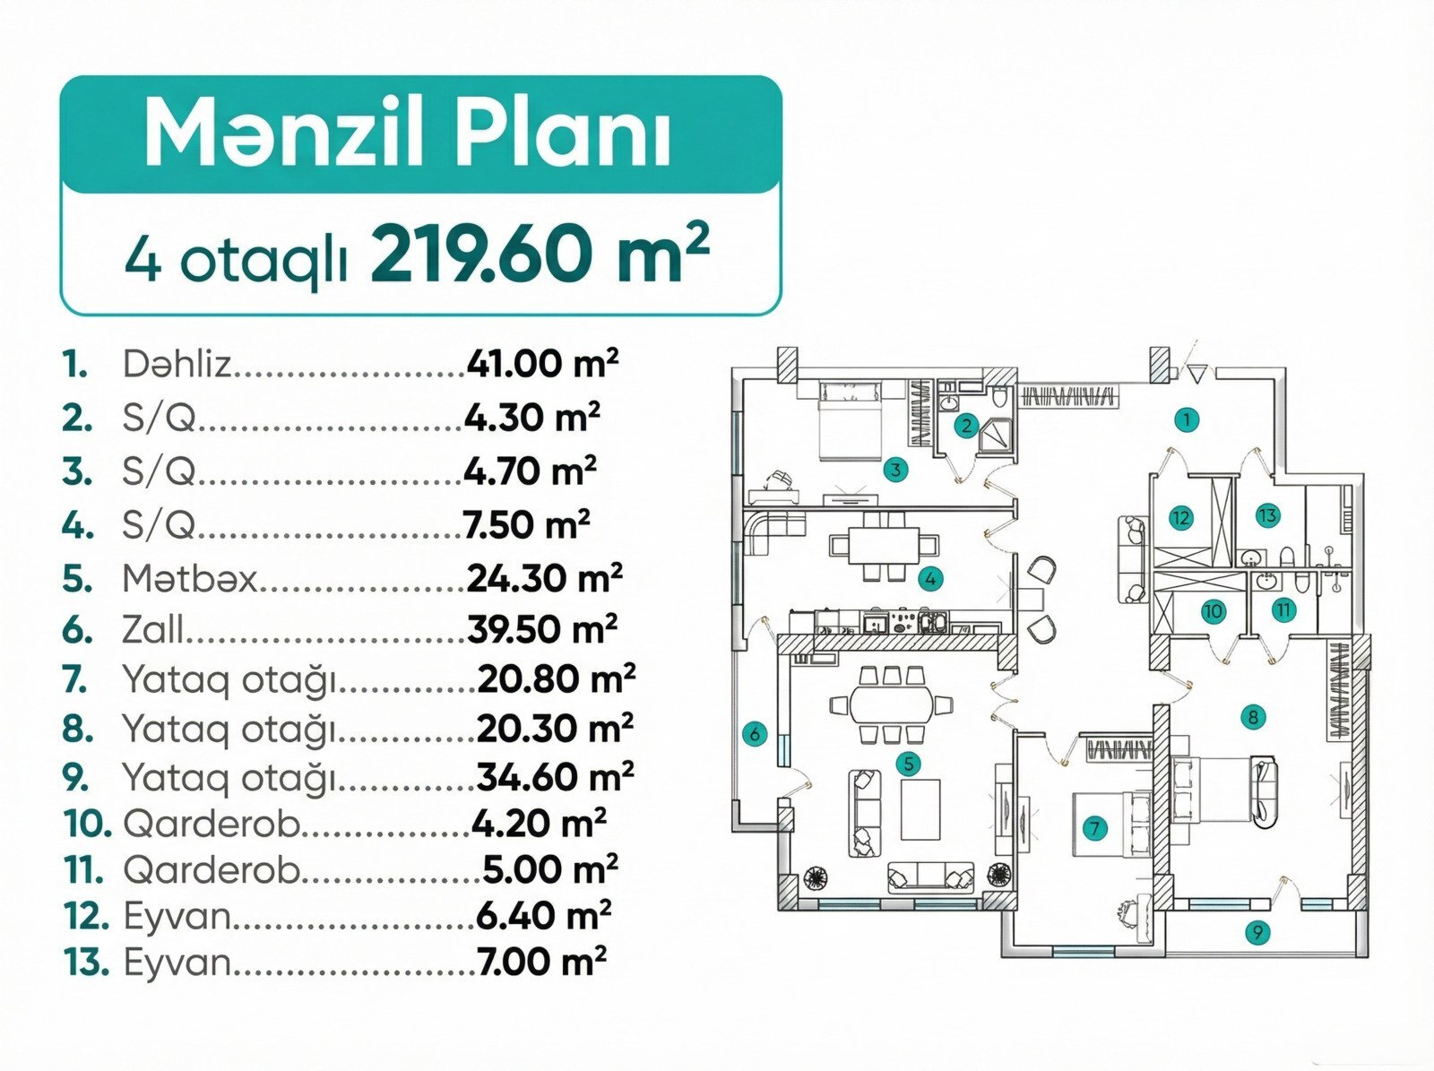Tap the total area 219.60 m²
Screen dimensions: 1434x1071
(x=540, y=254)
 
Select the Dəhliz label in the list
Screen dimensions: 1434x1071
(x=177, y=365)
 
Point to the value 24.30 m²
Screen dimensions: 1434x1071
(x=544, y=579)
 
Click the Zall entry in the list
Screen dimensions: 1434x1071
(x=153, y=629)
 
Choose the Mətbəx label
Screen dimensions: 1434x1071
(x=189, y=579)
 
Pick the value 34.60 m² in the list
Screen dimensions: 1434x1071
(x=555, y=776)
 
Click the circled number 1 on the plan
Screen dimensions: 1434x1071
(x=1187, y=419)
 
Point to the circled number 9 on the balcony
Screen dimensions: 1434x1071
(x=1257, y=931)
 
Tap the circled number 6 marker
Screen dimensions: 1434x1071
(x=756, y=733)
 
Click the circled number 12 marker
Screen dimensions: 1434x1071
(x=1179, y=519)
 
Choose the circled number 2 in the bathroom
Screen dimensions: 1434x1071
(x=965, y=426)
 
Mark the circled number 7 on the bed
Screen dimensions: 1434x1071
(x=1095, y=829)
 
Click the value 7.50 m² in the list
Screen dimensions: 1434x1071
(x=527, y=524)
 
